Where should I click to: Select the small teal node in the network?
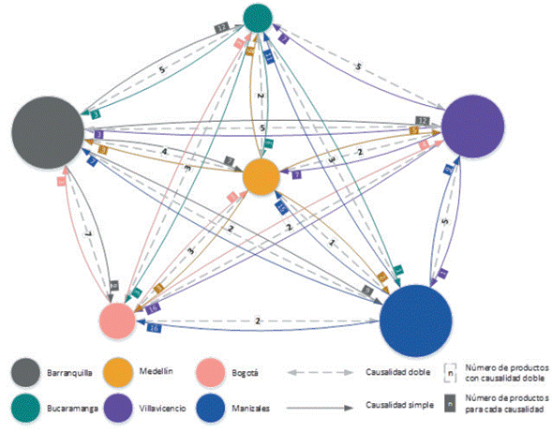point(258,16)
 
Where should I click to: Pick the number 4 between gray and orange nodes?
point(166,152)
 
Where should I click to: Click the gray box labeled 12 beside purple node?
point(423,121)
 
